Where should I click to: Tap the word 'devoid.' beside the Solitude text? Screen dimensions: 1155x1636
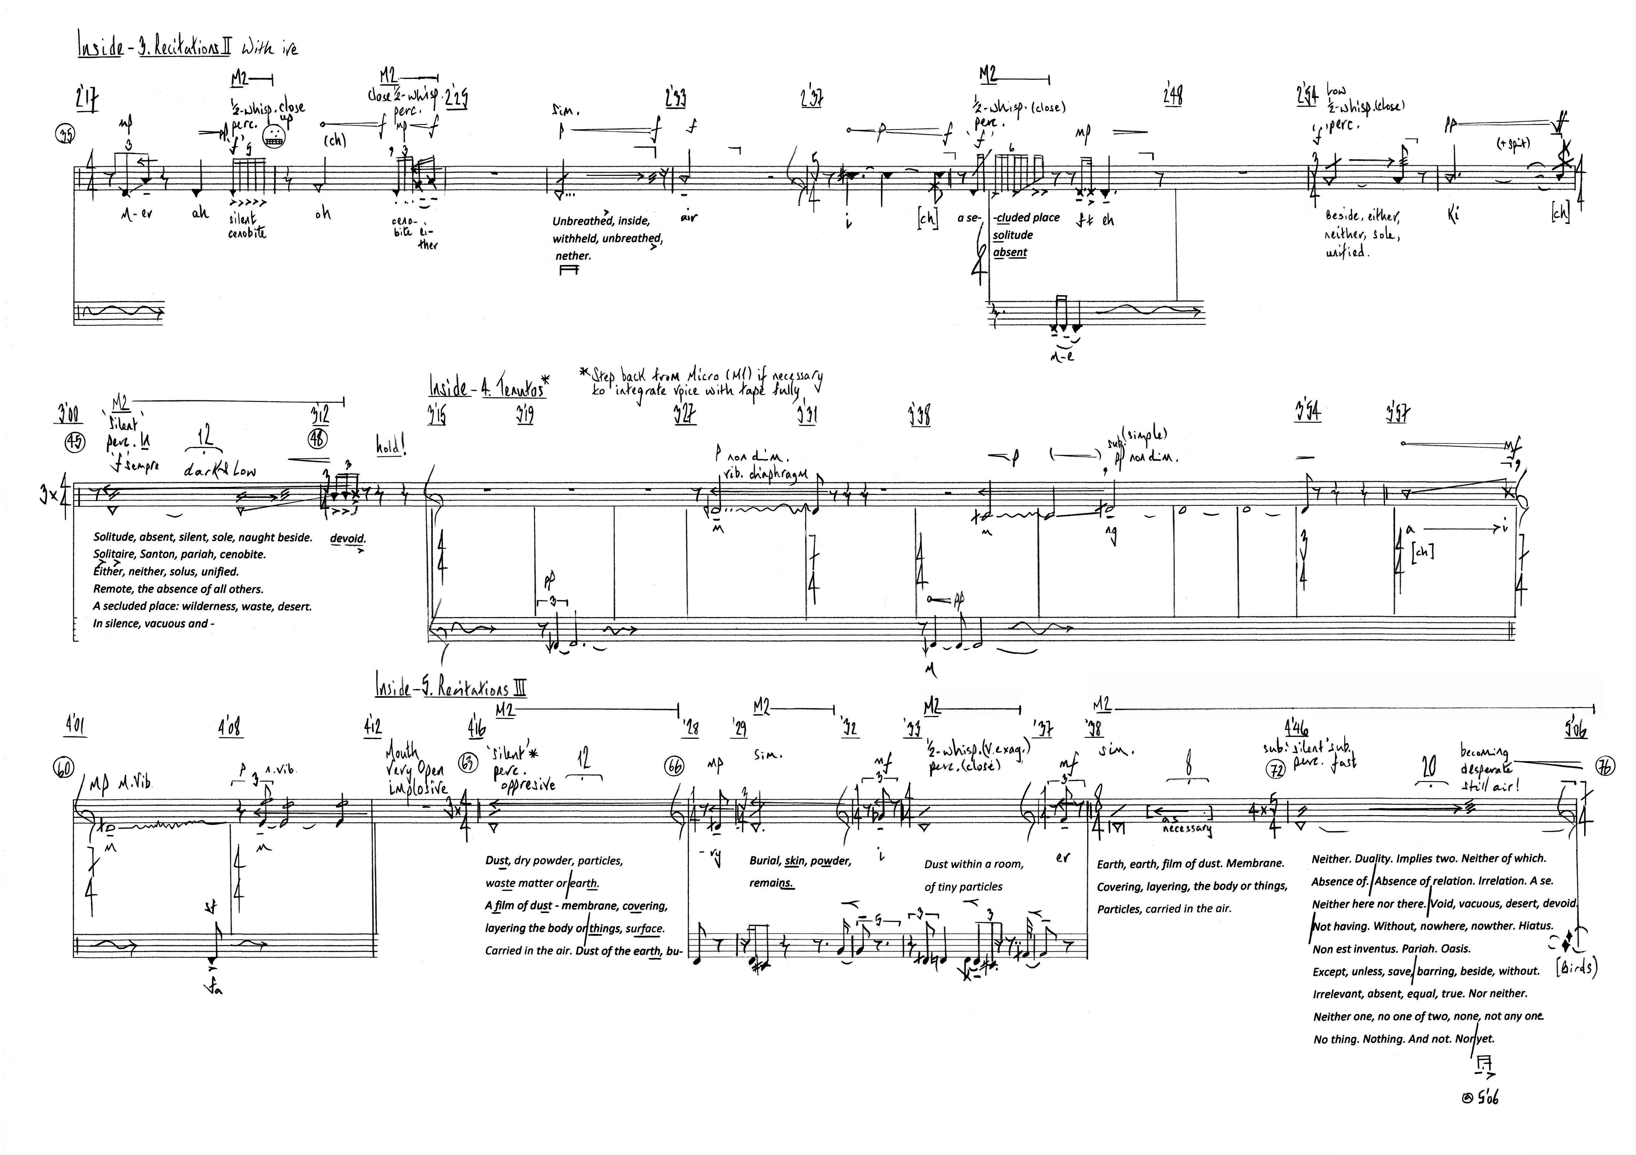347,538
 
